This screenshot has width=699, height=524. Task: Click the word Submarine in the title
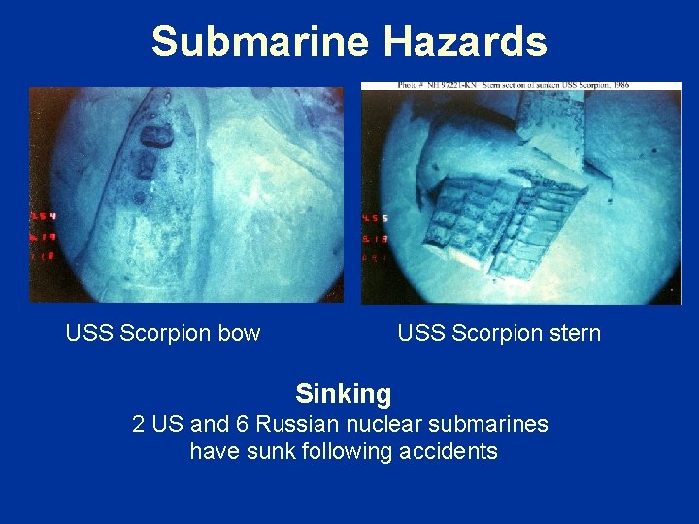pyautogui.click(x=260, y=42)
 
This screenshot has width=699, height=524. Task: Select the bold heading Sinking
pyautogui.click(x=343, y=393)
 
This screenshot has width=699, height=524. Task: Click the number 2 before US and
pyautogui.click(x=138, y=424)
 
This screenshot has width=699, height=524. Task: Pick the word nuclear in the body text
pyautogui.click(x=364, y=424)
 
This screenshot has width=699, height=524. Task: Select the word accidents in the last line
pyautogui.click(x=451, y=451)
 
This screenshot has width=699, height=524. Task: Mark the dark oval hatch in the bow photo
pyautogui.click(x=156, y=136)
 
